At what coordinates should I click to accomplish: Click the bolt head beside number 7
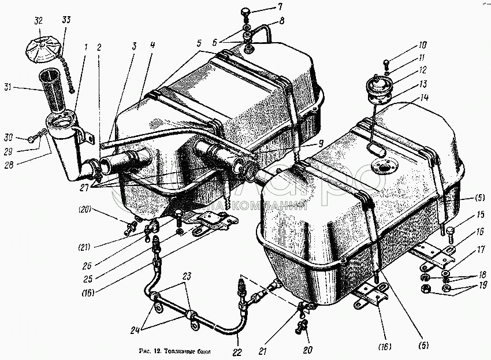246,11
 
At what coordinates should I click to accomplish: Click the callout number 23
186,276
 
